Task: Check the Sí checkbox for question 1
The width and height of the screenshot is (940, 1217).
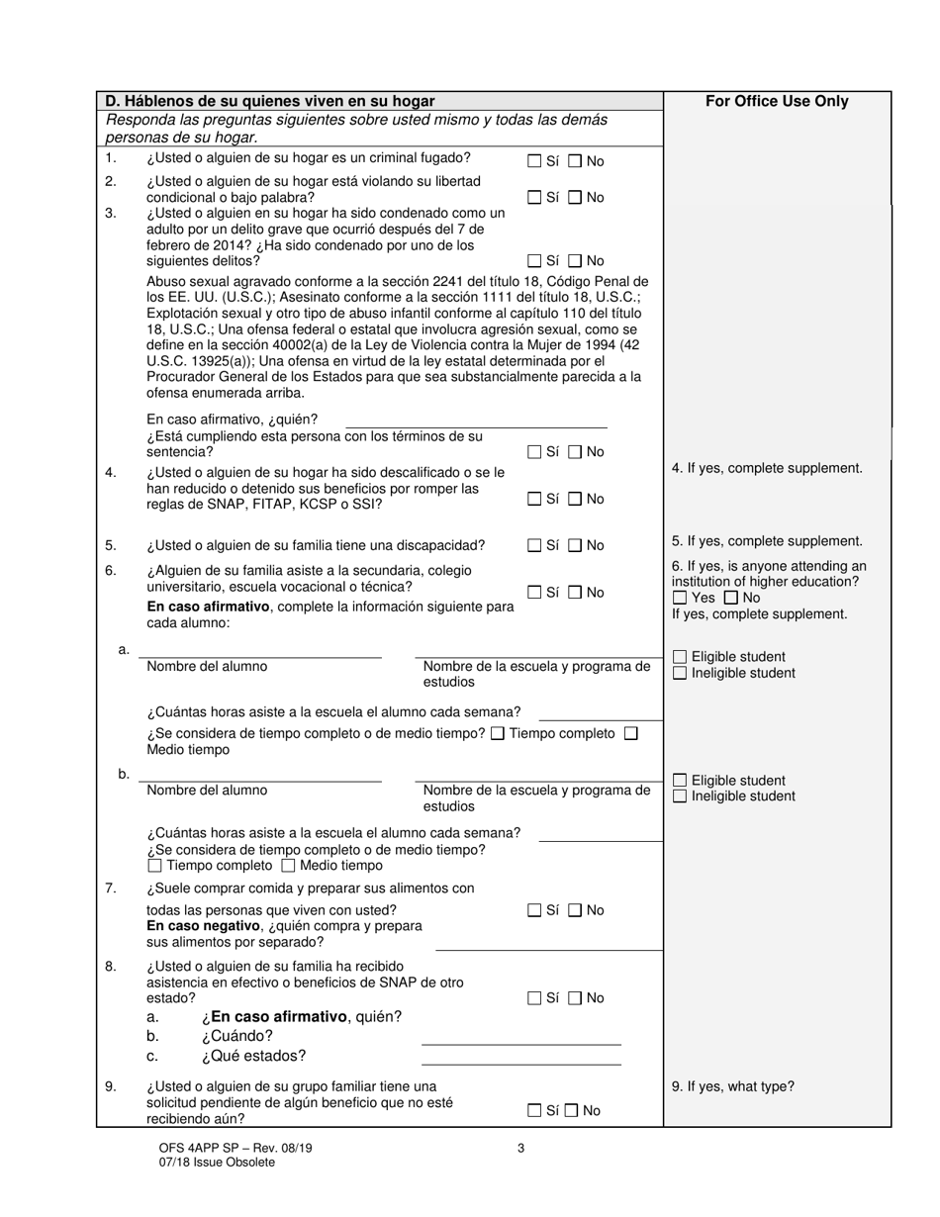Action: point(534,161)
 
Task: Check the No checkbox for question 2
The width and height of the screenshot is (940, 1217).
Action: point(575,198)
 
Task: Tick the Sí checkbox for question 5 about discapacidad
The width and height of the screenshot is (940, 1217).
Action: point(534,545)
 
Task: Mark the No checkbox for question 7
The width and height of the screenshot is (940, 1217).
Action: point(575,910)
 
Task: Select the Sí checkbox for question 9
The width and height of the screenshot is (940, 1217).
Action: point(534,1110)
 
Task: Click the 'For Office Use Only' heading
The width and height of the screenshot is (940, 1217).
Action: point(777,101)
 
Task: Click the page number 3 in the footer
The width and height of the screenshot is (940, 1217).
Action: point(520,1148)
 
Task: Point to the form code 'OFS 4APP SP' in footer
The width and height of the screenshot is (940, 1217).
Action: point(195,1148)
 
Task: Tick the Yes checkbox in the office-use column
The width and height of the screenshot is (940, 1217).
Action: point(679,598)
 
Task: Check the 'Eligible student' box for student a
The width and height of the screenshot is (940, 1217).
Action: point(680,657)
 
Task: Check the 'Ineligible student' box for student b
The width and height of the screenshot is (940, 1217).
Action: point(680,796)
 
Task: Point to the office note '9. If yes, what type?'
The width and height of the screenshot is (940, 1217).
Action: point(732,1086)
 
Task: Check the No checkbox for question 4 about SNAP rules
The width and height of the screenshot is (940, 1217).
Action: point(575,499)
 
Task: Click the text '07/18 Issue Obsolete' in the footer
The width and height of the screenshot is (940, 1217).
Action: point(216,1163)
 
